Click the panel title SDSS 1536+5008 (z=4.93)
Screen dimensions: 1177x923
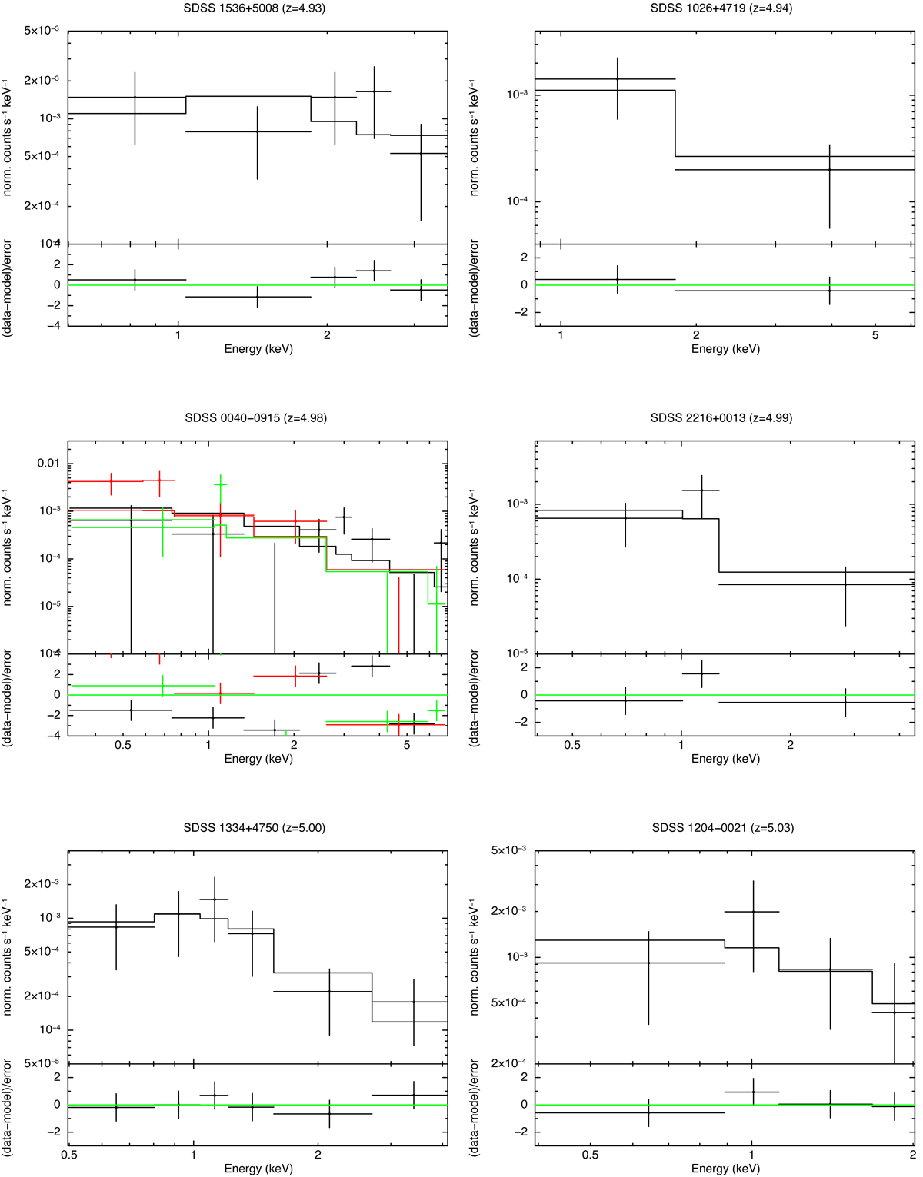258,8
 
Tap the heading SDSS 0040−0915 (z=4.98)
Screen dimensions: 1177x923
256,418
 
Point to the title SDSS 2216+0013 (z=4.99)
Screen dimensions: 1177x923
721,418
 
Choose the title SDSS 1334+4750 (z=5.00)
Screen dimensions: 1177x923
255,828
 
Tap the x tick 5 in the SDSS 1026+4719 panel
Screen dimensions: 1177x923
875,336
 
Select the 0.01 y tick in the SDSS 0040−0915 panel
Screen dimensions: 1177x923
48,463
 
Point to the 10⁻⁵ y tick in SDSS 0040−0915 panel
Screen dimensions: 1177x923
48,606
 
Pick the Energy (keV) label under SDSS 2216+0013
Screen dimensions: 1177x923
725,759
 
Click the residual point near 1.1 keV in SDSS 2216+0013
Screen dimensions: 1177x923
701,673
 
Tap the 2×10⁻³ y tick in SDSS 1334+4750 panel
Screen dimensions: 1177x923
43,884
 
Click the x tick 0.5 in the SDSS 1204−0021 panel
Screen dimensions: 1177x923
590,1155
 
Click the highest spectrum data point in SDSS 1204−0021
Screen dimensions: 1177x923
752,912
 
